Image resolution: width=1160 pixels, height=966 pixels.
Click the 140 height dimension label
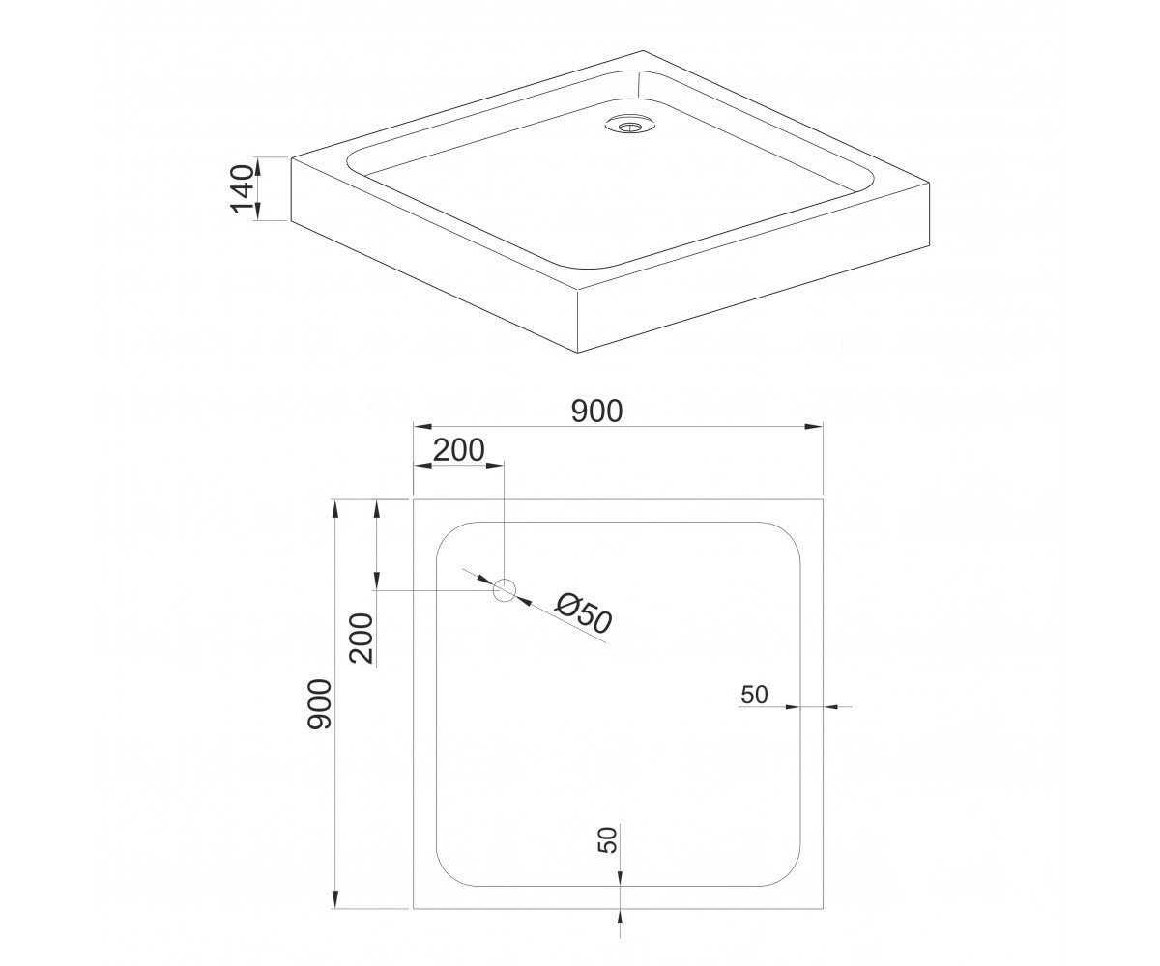243,188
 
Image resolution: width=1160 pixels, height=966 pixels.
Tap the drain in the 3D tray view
630,124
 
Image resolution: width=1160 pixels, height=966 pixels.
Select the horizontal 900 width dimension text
597,412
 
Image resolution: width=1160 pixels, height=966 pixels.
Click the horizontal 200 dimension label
458,450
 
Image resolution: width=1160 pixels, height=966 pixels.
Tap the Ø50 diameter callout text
584,613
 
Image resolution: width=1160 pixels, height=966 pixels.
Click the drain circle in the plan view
505,590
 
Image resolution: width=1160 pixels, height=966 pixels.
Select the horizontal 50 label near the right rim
754,695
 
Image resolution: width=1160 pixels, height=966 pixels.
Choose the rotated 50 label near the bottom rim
608,840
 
